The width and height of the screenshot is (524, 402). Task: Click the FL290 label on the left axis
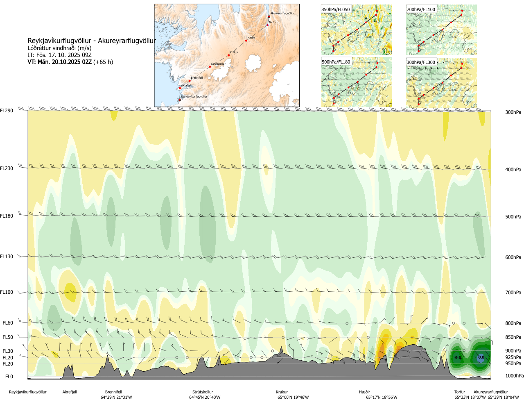[x=7, y=111]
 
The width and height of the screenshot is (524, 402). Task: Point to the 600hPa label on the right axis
[x=513, y=257]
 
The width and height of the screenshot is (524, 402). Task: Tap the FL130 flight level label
[x=7, y=257]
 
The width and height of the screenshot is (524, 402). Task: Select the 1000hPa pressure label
[x=514, y=376]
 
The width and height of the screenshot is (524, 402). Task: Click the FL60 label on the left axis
[x=8, y=323]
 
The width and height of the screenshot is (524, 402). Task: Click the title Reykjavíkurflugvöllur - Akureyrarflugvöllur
[x=92, y=41]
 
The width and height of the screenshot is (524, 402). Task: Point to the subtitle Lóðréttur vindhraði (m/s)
[x=59, y=48]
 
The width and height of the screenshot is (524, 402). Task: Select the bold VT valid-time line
[x=70, y=62]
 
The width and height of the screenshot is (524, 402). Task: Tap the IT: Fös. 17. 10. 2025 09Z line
[x=59, y=55]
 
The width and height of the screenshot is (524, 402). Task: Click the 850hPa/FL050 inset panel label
[x=336, y=9]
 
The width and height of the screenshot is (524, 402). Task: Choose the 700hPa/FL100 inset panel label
[x=421, y=9]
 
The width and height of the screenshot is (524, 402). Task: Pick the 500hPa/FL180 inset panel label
[x=336, y=62]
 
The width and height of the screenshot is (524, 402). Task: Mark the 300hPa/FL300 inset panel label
[x=421, y=62]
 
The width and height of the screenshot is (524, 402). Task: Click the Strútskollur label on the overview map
[x=218, y=64]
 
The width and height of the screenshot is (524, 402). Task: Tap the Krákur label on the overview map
[x=234, y=52]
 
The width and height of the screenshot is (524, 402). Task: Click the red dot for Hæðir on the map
[x=246, y=41]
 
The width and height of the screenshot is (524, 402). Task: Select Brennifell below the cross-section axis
[x=113, y=392]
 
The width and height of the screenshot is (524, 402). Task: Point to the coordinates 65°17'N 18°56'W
[x=382, y=397]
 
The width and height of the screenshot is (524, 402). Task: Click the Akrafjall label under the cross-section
[x=70, y=392]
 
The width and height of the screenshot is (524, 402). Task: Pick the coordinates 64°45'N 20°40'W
[x=205, y=397]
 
